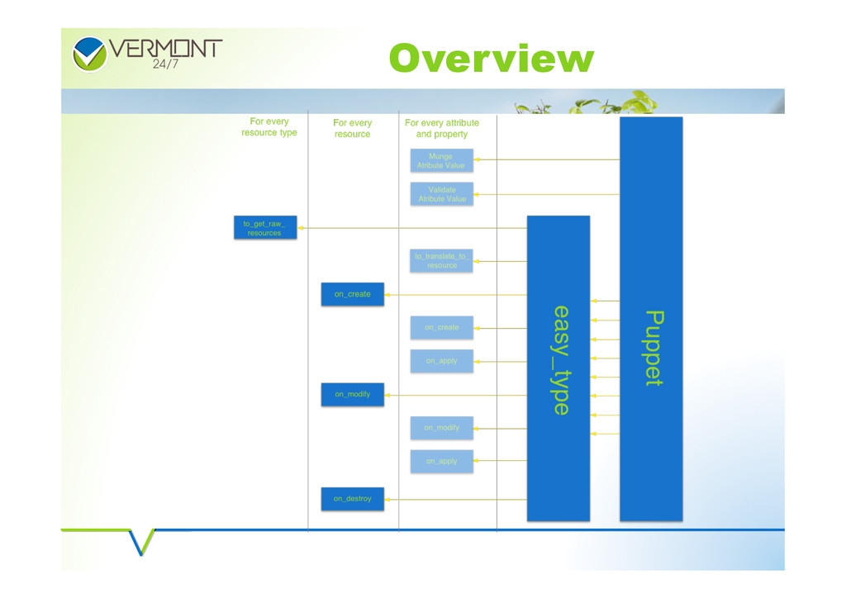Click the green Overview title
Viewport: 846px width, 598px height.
(x=491, y=59)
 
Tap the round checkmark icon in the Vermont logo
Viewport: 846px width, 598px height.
(x=89, y=54)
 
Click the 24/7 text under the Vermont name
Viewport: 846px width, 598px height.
(x=165, y=66)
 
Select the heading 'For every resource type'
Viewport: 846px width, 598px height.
(x=269, y=127)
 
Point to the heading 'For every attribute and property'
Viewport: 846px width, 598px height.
(x=442, y=128)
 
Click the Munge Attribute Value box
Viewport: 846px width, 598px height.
(x=442, y=160)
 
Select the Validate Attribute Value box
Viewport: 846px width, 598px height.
(x=442, y=194)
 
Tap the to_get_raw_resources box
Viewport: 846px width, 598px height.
(x=264, y=228)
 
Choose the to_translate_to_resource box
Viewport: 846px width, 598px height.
(x=442, y=261)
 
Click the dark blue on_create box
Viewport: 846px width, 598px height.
(x=353, y=294)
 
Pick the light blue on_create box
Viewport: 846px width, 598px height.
(x=442, y=328)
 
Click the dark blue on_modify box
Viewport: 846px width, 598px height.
(x=353, y=395)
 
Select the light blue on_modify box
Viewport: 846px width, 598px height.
(x=442, y=428)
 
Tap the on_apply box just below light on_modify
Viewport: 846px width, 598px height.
(x=442, y=461)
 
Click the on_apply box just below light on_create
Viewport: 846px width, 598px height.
(x=442, y=361)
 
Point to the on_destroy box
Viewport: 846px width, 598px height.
(x=353, y=499)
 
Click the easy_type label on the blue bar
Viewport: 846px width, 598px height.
(x=560, y=360)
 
